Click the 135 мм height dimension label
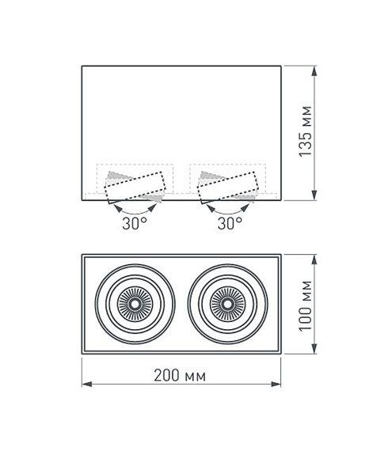coord(306,131)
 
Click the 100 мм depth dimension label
coord(306,306)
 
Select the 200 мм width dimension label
coord(180,375)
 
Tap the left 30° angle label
coord(135,223)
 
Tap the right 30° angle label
coord(230,223)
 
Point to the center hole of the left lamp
coord(135,304)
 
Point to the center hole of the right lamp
coord(227,304)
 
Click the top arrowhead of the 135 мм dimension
coord(314,70)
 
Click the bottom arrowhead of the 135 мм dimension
coord(314,195)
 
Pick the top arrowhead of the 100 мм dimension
coord(314,260)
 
